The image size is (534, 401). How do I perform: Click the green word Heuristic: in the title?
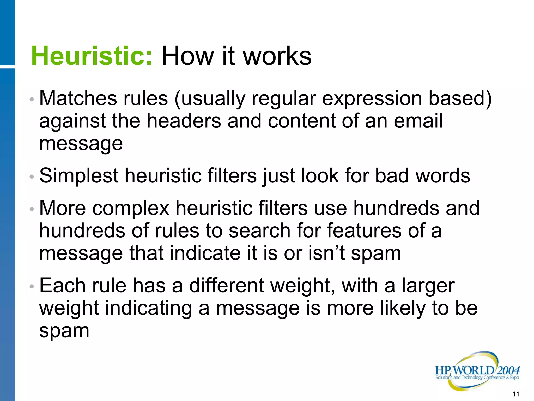(92, 56)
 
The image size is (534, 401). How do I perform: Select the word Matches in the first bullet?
(78, 98)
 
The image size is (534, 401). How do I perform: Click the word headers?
(184, 121)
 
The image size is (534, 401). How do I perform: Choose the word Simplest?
(79, 176)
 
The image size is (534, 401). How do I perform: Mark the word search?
(259, 231)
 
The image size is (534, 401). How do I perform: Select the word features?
(364, 231)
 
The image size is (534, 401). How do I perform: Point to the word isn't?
(326, 253)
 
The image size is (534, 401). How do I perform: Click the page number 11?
(516, 394)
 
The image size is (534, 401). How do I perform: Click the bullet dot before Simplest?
(32, 177)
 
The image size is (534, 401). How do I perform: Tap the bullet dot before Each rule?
(32, 287)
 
